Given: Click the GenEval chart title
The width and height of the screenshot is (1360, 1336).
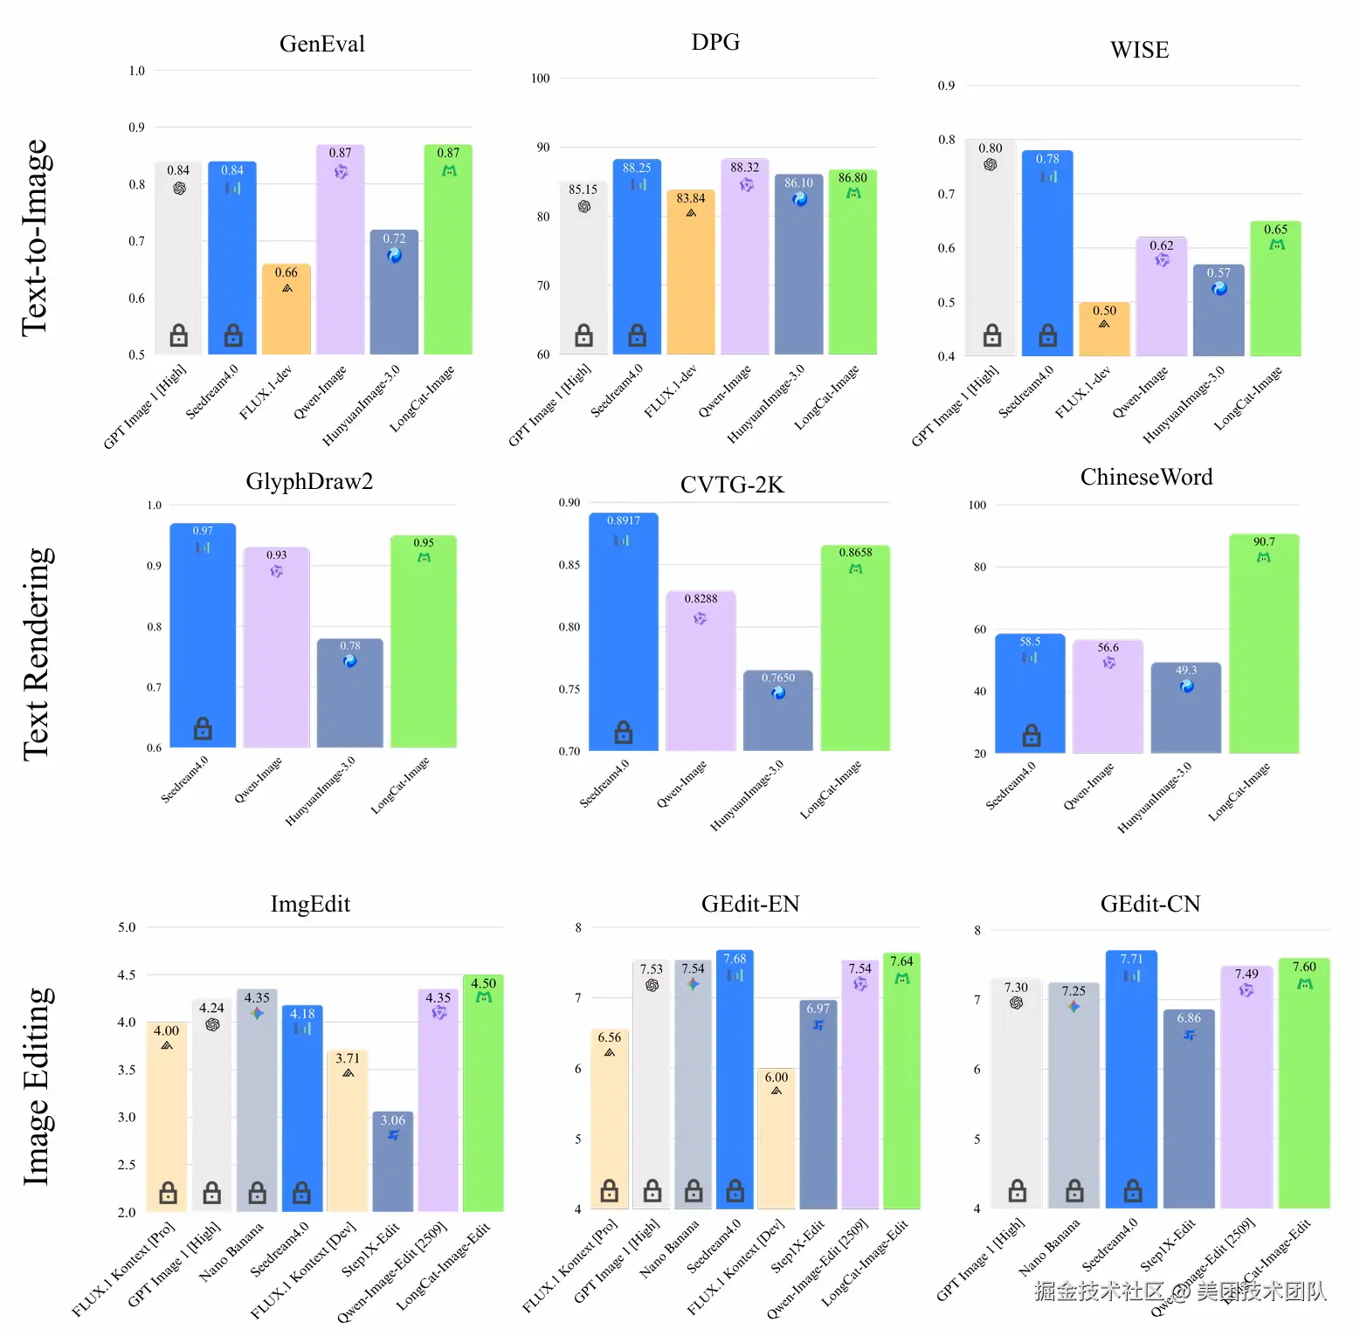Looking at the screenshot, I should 321,45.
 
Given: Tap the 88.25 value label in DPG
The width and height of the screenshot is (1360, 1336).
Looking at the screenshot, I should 637,168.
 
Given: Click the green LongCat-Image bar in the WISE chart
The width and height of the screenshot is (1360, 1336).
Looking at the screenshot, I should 1275,297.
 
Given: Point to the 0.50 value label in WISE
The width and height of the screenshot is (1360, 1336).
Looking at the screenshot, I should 1104,311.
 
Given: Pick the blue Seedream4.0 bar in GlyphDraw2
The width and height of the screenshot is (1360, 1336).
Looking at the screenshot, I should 203,637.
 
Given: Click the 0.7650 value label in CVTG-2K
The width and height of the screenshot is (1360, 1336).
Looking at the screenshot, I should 777,678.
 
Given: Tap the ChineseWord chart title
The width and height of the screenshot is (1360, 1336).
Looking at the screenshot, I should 1146,478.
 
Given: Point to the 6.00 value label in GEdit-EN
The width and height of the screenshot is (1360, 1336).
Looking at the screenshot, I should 777,1078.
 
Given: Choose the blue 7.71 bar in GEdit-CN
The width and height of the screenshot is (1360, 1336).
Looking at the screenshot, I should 1132,1083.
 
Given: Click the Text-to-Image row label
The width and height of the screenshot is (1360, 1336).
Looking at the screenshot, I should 37,238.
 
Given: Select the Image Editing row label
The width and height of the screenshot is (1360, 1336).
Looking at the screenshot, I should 37,1087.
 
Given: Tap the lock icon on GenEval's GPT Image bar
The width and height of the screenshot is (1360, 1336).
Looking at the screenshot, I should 179,334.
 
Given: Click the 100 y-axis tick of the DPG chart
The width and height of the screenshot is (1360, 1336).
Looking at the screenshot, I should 541,79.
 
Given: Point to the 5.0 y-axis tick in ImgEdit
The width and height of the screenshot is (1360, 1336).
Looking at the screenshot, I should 127,927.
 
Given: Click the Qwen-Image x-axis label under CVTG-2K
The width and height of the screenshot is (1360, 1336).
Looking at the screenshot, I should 682,784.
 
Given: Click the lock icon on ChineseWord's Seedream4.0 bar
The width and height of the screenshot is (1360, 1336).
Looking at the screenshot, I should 1032,735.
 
